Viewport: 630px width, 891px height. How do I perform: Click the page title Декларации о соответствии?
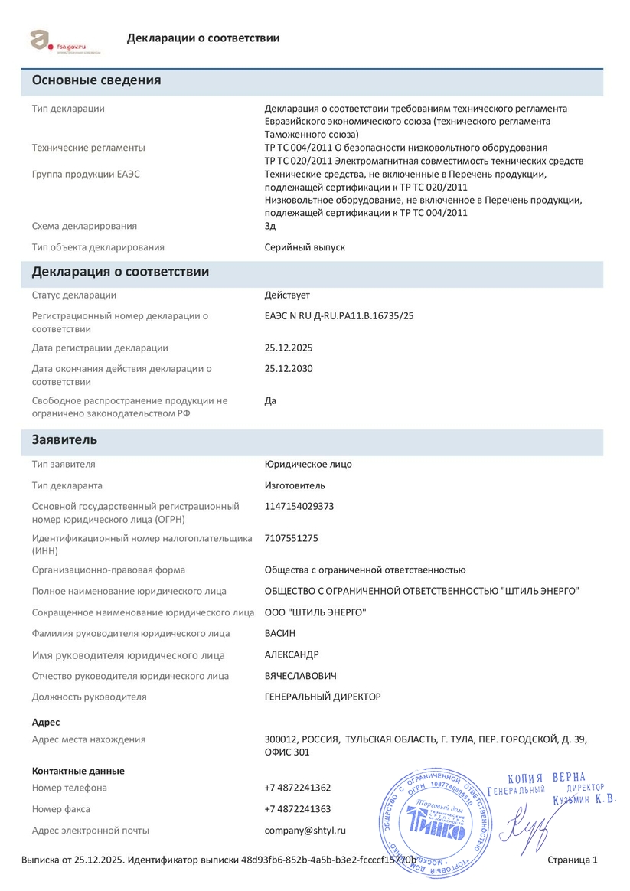(203, 38)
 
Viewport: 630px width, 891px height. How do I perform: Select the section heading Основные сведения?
(96, 80)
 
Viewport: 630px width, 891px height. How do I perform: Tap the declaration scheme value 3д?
(270, 226)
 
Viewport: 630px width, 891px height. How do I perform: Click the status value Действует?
(287, 295)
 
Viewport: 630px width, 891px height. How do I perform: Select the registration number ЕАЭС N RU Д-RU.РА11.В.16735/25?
(339, 315)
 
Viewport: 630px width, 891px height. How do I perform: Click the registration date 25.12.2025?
(289, 348)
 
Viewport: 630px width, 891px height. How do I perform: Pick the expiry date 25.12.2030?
(289, 368)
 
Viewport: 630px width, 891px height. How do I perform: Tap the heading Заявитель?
(64, 440)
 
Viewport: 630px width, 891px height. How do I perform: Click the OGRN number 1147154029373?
(299, 506)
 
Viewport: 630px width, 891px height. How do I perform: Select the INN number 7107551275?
(291, 538)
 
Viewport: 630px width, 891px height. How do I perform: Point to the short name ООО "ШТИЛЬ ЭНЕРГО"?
(315, 612)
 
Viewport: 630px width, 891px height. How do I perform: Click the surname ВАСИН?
(279, 633)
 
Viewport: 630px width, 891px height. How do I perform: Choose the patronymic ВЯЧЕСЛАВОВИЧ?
(300, 676)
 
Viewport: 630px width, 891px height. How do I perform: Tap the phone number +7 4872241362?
(298, 788)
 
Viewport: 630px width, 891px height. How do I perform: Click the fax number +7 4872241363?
(298, 809)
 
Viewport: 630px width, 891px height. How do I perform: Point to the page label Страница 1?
(573, 860)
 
